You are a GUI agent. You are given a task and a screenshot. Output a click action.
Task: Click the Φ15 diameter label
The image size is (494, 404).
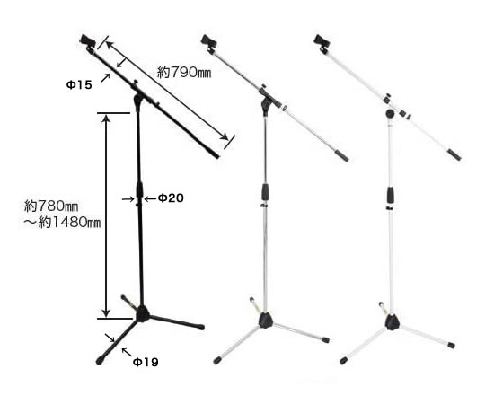click(79, 84)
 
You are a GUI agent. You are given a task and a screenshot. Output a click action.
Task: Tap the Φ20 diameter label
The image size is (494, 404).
click(171, 198)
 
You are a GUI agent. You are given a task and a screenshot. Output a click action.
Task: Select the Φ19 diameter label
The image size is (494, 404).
click(146, 363)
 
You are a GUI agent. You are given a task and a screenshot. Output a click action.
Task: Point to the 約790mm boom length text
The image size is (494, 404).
click(184, 73)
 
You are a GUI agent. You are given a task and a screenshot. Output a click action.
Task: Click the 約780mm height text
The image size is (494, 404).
click(51, 206)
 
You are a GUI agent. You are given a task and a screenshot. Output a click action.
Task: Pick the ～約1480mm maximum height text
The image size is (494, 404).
click(62, 223)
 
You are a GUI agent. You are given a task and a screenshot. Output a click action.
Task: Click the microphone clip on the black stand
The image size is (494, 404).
click(88, 43)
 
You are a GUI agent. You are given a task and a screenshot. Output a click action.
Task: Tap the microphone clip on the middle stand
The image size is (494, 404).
click(209, 43)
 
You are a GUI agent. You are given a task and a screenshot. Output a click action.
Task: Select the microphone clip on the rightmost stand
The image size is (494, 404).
click(322, 43)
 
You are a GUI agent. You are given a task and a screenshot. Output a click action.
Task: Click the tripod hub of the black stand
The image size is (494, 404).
click(143, 313)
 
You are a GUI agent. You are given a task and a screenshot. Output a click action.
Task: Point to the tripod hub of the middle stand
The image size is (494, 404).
click(265, 320)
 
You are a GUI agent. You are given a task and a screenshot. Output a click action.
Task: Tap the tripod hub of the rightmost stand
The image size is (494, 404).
click(392, 321)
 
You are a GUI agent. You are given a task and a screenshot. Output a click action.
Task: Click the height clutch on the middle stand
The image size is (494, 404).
click(265, 192)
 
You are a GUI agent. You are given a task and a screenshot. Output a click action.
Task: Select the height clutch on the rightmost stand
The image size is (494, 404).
click(391, 195)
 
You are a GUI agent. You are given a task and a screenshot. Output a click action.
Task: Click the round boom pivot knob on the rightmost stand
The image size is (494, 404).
click(390, 113)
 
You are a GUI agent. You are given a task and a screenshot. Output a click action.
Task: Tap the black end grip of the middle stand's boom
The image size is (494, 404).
click(342, 156)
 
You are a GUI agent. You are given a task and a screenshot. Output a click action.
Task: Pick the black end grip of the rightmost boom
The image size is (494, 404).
click(455, 155)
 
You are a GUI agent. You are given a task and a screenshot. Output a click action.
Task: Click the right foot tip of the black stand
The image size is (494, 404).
click(201, 327)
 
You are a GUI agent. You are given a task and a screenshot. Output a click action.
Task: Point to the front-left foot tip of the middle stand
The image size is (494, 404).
click(216, 361)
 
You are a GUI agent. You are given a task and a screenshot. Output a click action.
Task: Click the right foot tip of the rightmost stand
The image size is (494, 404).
click(452, 345)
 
